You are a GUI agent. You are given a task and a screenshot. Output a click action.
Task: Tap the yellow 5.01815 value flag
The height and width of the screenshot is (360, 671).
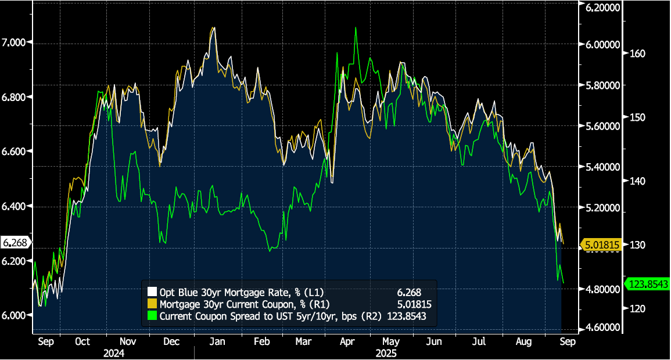coord(602,245)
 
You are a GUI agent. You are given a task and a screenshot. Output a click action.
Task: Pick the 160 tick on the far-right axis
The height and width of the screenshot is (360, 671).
coord(637,53)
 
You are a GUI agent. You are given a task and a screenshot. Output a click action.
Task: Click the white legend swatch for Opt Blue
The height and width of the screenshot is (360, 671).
coord(153,292)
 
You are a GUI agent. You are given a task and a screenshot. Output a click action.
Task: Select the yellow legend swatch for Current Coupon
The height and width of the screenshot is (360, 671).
coord(153,304)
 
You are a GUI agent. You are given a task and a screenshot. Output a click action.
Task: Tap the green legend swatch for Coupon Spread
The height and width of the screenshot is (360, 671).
coord(153,316)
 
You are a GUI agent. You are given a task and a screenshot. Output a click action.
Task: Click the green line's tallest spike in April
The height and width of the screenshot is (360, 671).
coord(354,28)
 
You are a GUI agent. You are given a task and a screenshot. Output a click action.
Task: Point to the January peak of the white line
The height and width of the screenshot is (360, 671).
coord(214,28)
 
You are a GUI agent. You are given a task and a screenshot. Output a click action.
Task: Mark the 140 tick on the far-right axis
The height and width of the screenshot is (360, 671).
coord(637,181)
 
